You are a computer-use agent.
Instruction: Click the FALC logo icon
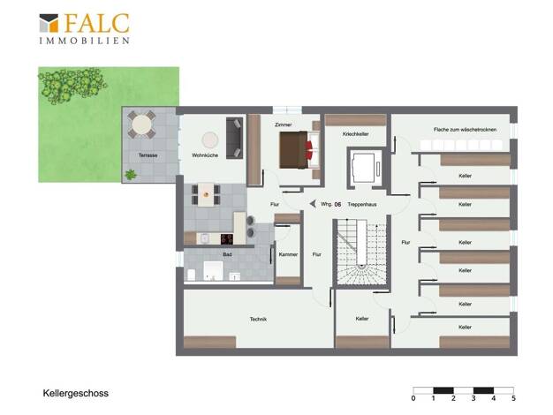tap(49, 23)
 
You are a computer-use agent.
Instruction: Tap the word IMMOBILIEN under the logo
tap(84, 41)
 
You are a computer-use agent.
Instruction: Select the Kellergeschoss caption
tap(75, 393)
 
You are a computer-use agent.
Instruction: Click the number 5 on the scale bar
tap(513, 398)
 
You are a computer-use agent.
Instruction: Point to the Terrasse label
tap(148, 155)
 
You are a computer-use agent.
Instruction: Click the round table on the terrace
tap(141, 124)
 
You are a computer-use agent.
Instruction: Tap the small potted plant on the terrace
tap(131, 174)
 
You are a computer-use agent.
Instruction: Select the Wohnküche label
tap(205, 155)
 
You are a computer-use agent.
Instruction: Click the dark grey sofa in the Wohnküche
tap(234, 138)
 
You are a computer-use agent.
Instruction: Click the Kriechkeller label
tap(355, 134)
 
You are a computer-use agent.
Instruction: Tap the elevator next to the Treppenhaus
tap(366, 168)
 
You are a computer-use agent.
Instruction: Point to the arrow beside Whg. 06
tap(313, 204)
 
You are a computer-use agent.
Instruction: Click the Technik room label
tap(258, 319)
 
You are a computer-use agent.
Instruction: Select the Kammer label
tap(288, 254)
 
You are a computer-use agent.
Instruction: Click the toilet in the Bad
tap(191, 275)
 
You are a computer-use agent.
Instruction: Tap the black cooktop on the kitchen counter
tap(227, 239)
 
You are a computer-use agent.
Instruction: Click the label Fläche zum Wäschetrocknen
tap(465, 130)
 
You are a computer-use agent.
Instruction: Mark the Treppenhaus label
tap(362, 205)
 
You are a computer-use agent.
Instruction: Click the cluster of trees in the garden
tap(72, 85)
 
